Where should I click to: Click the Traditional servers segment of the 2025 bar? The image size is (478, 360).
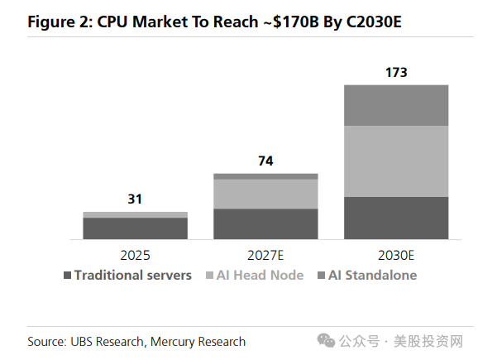point(135,228)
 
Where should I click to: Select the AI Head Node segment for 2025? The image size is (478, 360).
point(135,215)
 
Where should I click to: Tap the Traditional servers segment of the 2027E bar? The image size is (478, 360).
point(265,224)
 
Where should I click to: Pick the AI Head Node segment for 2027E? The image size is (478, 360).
point(265,194)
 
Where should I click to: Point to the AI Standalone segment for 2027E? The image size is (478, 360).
point(265,176)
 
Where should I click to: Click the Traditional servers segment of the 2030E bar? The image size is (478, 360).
point(396,218)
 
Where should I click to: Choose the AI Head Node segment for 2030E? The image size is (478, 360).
point(396,161)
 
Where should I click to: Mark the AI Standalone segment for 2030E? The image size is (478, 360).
point(396,106)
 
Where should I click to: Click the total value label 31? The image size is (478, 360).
point(135,199)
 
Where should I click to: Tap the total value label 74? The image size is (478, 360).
point(265,161)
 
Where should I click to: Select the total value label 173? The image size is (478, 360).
point(396,72)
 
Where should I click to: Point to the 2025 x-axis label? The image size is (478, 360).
point(135,256)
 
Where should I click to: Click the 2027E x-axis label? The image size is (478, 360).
point(265,256)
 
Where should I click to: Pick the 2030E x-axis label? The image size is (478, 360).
point(396,256)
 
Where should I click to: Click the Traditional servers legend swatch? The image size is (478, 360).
point(67,276)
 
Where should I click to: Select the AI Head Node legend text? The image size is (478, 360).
point(260,276)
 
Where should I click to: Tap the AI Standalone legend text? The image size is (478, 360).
point(372,276)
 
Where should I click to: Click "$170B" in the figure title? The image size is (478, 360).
point(296,22)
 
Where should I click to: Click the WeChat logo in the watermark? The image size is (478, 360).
point(326,340)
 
